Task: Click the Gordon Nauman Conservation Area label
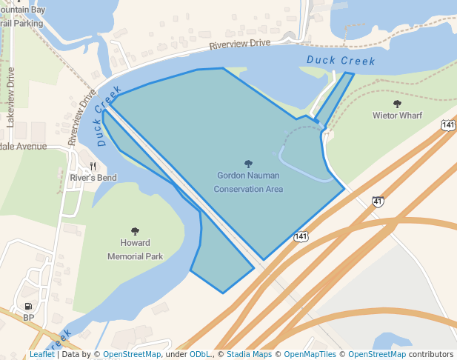click(x=248, y=182)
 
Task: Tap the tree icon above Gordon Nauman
click(x=248, y=164)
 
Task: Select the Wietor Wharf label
click(x=397, y=116)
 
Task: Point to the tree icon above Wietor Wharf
click(x=397, y=104)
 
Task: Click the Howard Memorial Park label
click(x=135, y=250)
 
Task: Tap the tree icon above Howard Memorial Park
click(x=135, y=231)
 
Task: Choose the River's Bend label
click(x=93, y=178)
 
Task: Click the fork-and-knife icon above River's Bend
click(x=93, y=166)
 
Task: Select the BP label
click(x=29, y=317)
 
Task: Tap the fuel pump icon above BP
click(x=28, y=305)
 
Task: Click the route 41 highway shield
click(x=378, y=201)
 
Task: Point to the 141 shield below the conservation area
click(x=301, y=236)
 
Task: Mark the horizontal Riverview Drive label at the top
click(x=239, y=44)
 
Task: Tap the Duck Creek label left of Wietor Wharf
click(x=341, y=61)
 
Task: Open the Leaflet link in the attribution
click(x=42, y=354)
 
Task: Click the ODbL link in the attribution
click(x=199, y=354)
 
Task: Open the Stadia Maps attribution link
click(x=249, y=354)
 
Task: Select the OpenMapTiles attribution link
click(x=310, y=354)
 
